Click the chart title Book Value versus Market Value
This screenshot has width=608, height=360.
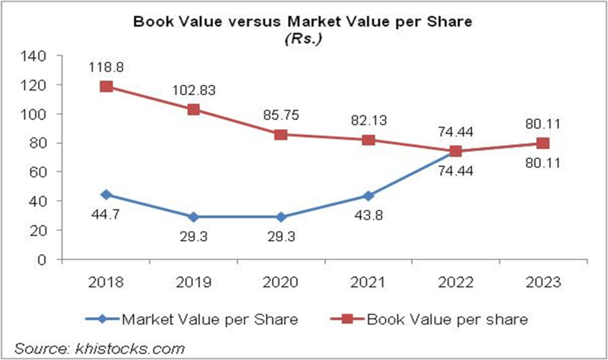[303, 21]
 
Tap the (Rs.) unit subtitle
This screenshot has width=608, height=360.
[302, 36]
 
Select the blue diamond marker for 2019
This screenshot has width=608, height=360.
[194, 217]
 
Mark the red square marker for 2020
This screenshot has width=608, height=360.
[280, 134]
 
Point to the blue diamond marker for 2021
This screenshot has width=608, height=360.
[368, 197]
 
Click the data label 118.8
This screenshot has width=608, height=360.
[108, 67]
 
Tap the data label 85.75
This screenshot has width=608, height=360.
[281, 115]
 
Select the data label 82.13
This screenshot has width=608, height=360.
[368, 120]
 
